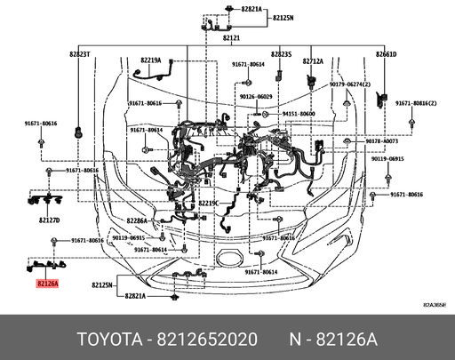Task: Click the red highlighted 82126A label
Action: (47, 284)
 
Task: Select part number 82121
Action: (231, 39)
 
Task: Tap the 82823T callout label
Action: (81, 53)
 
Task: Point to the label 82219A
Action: (149, 60)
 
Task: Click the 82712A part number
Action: (312, 60)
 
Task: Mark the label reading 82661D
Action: (386, 53)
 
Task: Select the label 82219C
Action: (208, 203)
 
